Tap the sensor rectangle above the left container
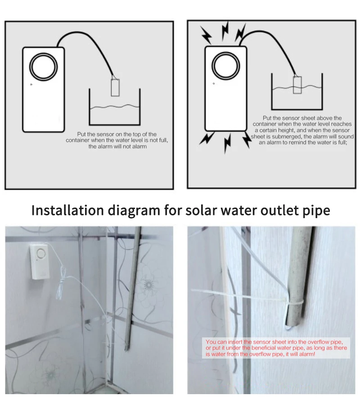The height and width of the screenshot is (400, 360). pos(115,87)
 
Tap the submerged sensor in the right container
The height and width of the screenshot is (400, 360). pos(297,85)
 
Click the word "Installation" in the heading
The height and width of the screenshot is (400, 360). pos(67,210)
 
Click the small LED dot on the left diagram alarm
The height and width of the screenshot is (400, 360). pos(31,84)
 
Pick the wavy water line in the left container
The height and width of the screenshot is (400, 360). pos(115,107)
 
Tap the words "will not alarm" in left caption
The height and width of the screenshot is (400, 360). pos(126,146)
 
